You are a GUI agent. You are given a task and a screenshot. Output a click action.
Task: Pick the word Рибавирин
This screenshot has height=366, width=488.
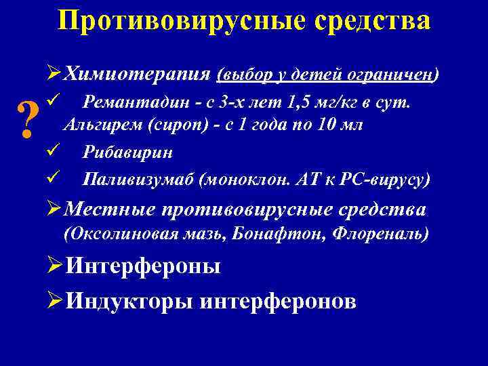[x=127, y=152]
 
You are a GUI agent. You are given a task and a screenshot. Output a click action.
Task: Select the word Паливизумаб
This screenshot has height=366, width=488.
[x=138, y=180]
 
